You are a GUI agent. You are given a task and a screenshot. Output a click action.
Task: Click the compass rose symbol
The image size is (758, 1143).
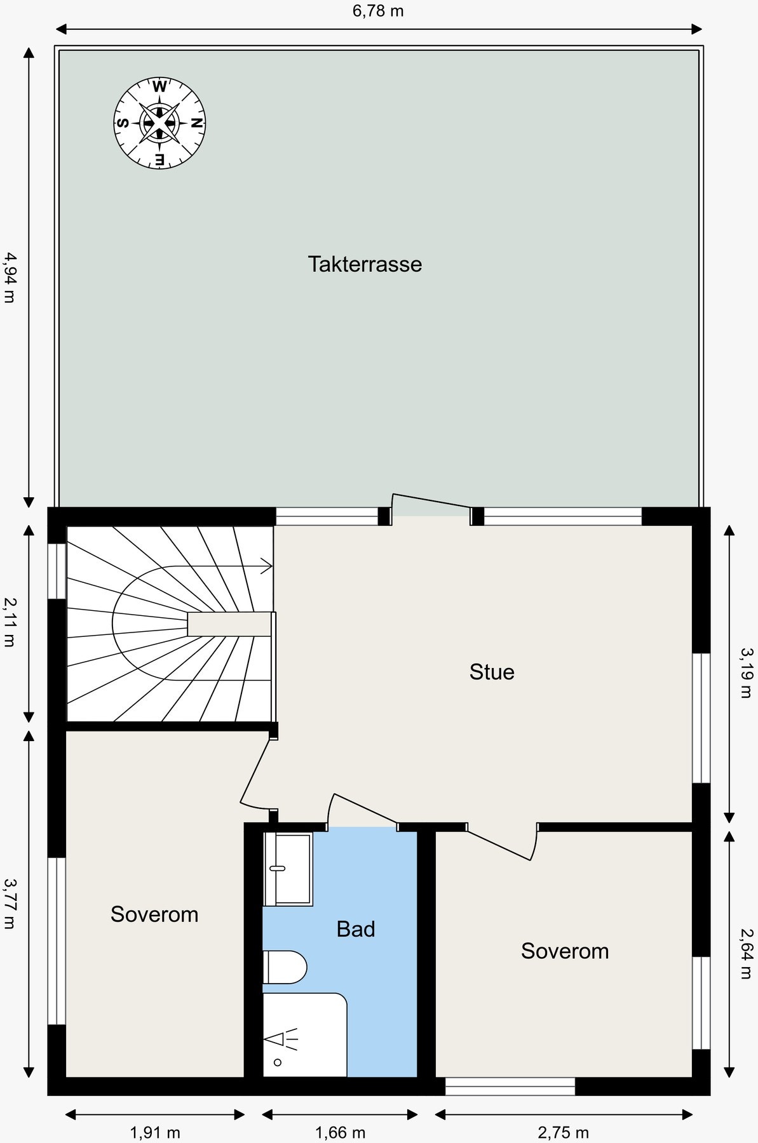[x=159, y=123]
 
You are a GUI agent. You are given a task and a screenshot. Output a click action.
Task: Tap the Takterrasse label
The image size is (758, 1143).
[x=365, y=264]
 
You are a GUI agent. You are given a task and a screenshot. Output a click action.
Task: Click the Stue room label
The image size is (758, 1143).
[x=492, y=672]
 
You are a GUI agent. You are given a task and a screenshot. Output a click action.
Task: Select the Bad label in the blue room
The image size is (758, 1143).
[x=356, y=930]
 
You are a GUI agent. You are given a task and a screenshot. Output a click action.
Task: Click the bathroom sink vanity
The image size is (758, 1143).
[x=288, y=868]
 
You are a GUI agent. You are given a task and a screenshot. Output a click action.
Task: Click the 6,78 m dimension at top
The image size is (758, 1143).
[x=378, y=11]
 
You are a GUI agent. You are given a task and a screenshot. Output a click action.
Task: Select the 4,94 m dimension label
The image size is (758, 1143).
[x=9, y=277]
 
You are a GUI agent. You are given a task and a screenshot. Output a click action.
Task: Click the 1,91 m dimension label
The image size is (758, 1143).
[x=155, y=1132]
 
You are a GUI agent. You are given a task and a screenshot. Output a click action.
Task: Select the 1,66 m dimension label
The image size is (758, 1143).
[x=341, y=1132]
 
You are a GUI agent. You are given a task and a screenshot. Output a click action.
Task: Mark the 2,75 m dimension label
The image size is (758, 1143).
[x=564, y=1132]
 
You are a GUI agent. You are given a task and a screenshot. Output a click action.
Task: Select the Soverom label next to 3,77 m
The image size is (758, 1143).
[x=154, y=914]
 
